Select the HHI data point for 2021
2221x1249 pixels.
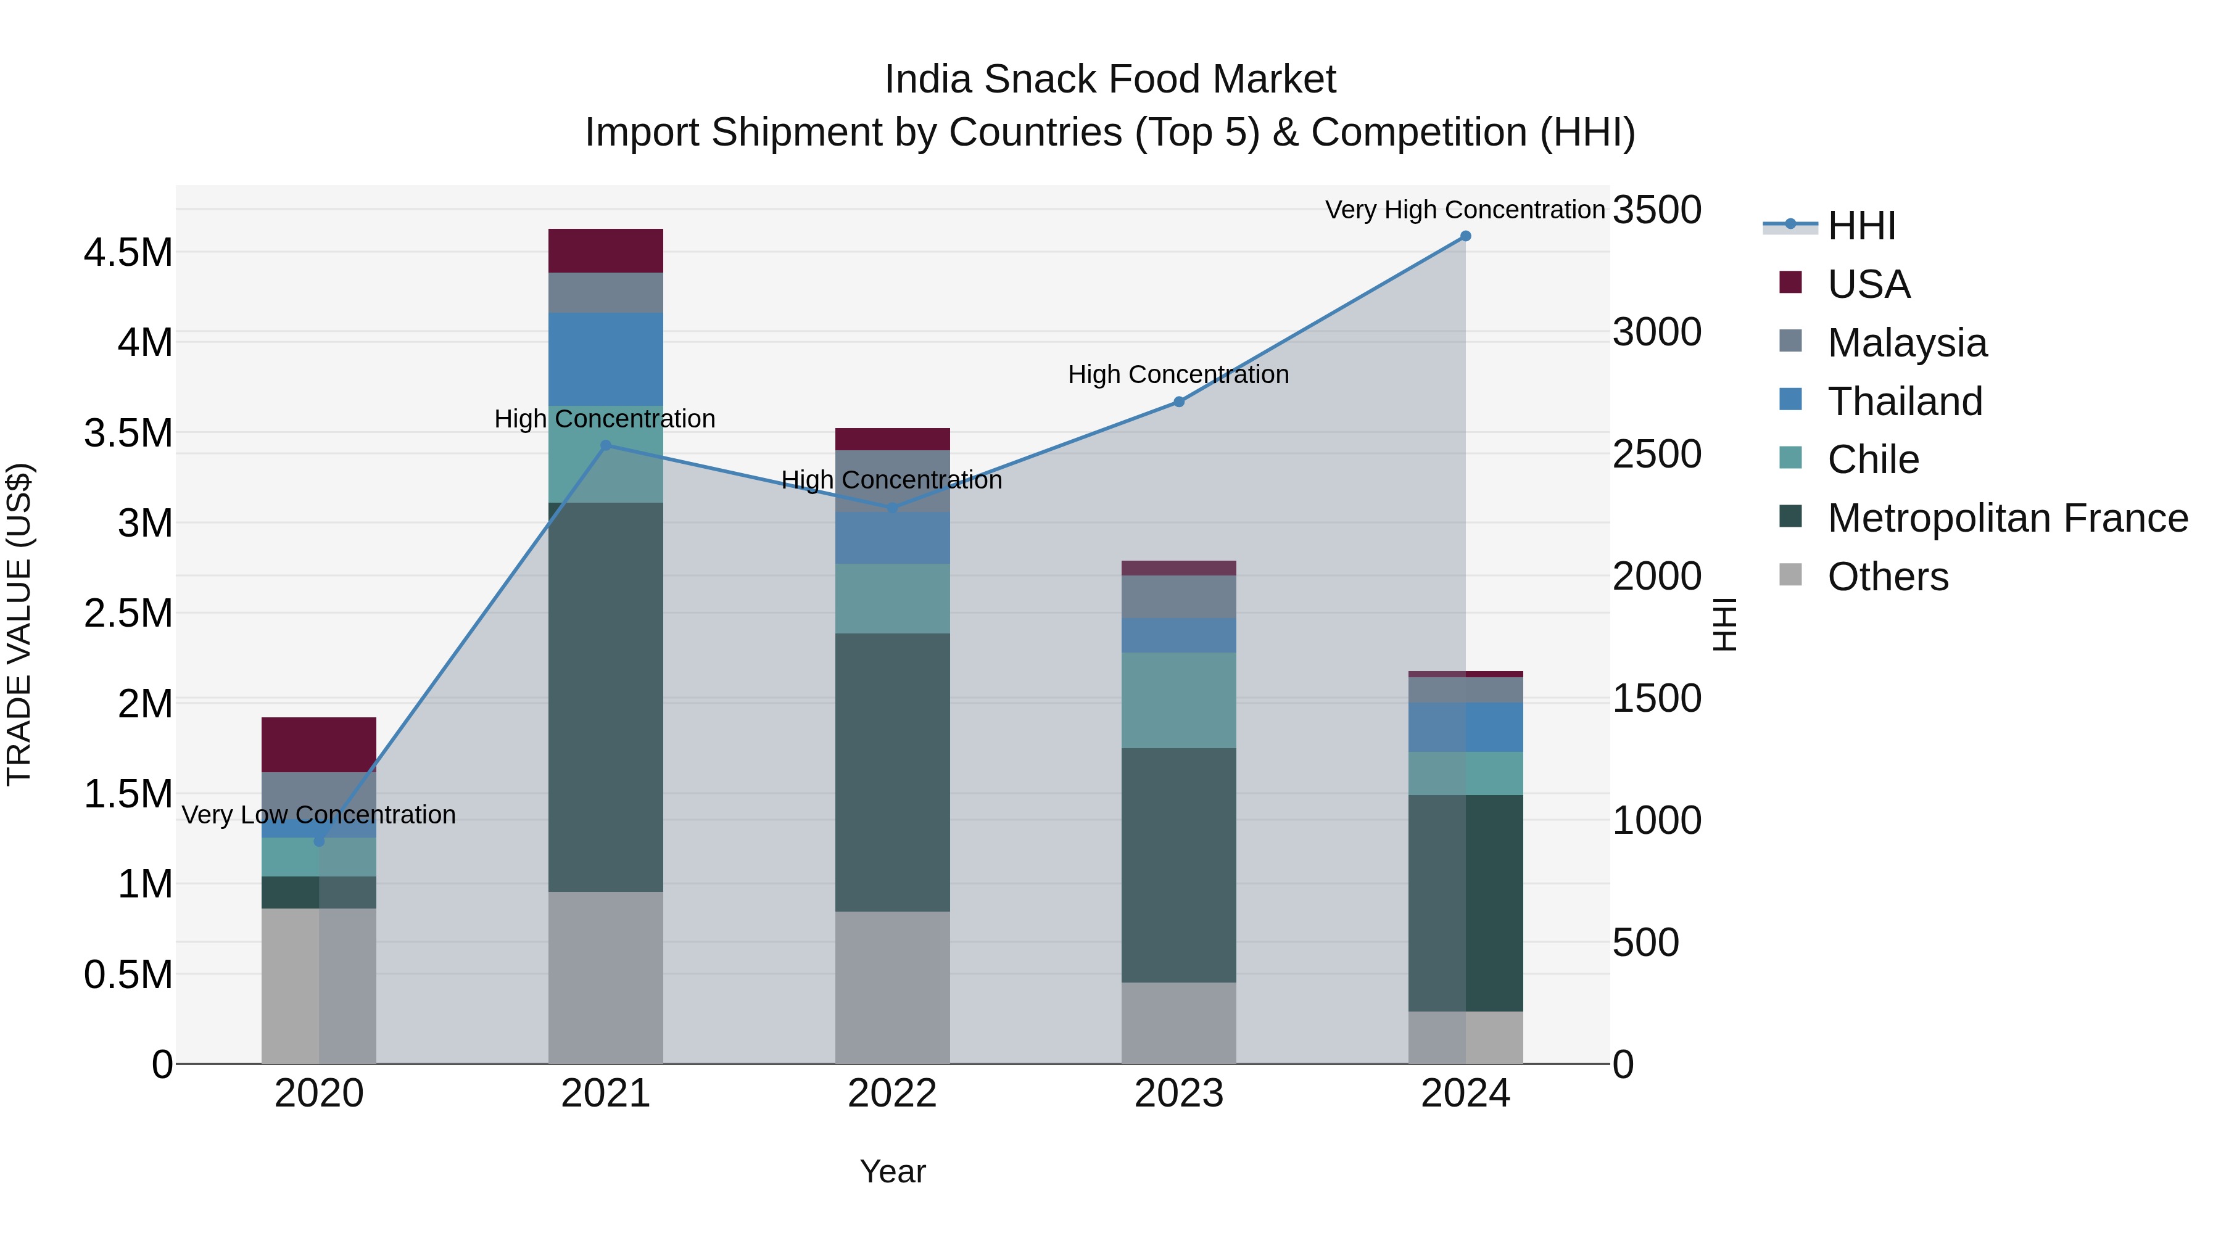tap(605, 446)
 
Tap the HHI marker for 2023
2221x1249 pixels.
tap(1178, 402)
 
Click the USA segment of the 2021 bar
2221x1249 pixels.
tap(605, 251)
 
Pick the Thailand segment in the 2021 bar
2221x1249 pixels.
tap(605, 358)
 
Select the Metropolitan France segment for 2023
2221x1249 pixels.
tap(1178, 865)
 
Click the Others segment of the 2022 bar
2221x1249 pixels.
tap(892, 987)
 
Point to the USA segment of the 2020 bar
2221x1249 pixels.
tap(319, 744)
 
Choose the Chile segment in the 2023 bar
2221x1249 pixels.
tap(1178, 700)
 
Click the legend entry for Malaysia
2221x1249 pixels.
tap(1906, 343)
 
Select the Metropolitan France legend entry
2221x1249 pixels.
tap(2007, 518)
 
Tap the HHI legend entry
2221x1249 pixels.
tap(1861, 226)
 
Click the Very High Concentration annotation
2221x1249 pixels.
tap(1464, 210)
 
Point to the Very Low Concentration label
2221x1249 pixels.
tap(319, 815)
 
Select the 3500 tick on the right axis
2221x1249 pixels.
tap(1657, 210)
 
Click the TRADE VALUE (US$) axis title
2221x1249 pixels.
tap(19, 624)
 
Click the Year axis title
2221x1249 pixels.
tap(892, 1171)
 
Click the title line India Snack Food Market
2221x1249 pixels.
tap(1110, 80)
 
